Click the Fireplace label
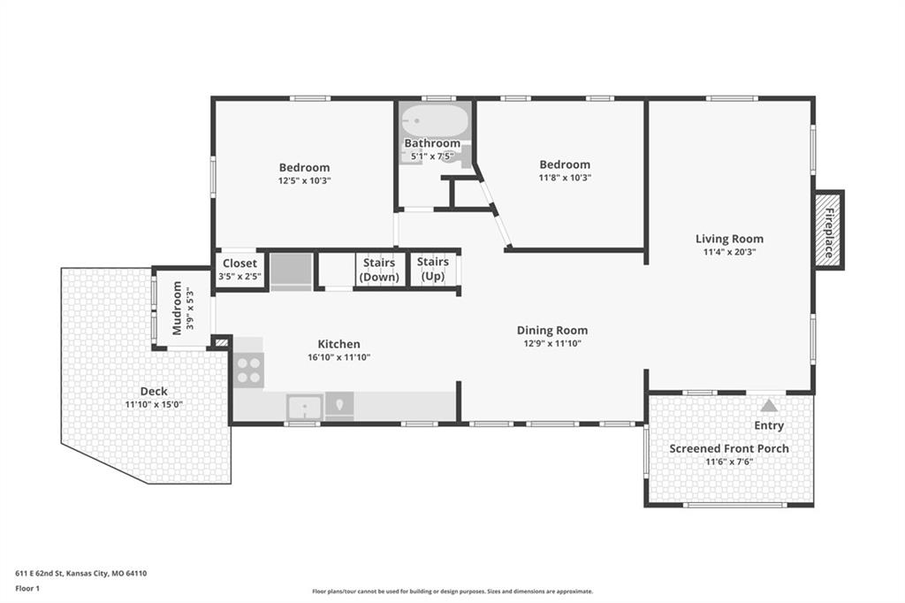coord(829,233)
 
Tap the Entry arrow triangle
coord(768,406)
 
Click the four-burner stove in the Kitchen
coord(248,370)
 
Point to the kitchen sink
coord(305,407)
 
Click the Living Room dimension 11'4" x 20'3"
coord(729,252)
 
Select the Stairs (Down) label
coord(379,270)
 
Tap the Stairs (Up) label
coord(433,269)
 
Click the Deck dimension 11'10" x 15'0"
coord(154,404)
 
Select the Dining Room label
coord(552,331)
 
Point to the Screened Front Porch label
coord(729,448)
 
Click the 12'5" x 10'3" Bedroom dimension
coord(304,180)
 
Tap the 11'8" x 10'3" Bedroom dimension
coord(565,178)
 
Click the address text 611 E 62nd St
coord(39,574)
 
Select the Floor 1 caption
coord(27,589)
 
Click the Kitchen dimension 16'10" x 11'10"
coord(338,357)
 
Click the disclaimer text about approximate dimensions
coord(452,592)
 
